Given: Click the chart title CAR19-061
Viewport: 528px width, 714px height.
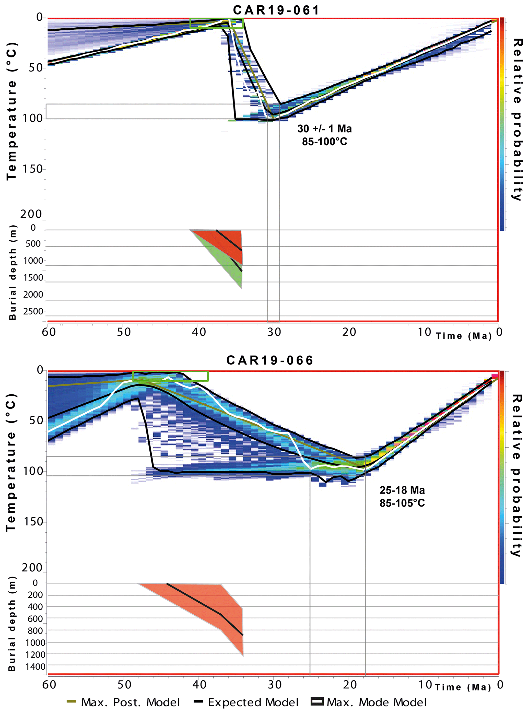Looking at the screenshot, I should tap(276, 10).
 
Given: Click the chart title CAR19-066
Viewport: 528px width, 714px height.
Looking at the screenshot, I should tap(270, 360).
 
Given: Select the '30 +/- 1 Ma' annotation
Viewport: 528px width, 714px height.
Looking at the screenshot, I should tap(324, 128).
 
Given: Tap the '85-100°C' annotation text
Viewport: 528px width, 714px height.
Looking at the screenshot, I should tap(324, 141).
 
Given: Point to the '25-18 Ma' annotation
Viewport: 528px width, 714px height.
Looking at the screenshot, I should tap(402, 490).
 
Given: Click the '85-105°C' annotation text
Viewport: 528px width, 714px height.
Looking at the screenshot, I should tap(402, 503).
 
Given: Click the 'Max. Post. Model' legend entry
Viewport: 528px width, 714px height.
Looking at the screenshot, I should tap(123, 702).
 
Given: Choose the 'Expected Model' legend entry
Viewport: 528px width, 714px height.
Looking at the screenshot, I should tap(246, 702).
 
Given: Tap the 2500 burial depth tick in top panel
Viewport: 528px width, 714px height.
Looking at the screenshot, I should tap(33, 311).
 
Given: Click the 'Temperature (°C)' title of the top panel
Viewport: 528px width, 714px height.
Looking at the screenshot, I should tap(12, 111).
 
